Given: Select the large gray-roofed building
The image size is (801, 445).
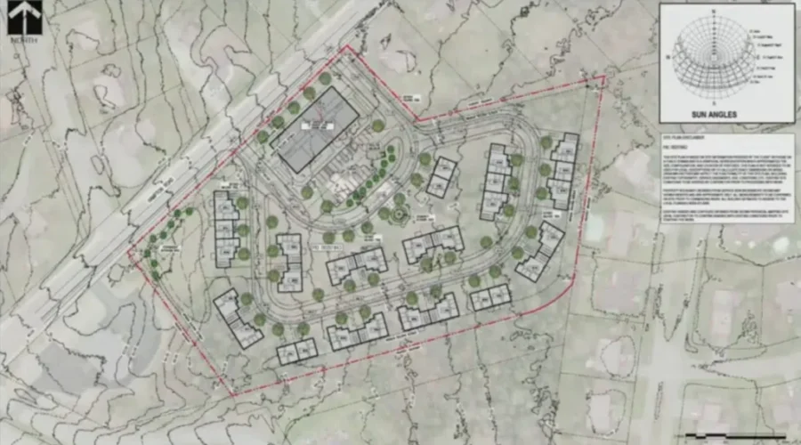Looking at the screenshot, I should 318,130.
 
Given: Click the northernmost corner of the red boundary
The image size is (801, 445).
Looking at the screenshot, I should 348,47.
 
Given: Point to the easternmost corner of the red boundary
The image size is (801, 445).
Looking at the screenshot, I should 605,77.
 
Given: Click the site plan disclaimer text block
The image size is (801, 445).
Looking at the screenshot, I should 726,178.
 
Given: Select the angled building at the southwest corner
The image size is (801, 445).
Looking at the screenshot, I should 238,318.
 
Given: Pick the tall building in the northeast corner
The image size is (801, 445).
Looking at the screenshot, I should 562,170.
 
